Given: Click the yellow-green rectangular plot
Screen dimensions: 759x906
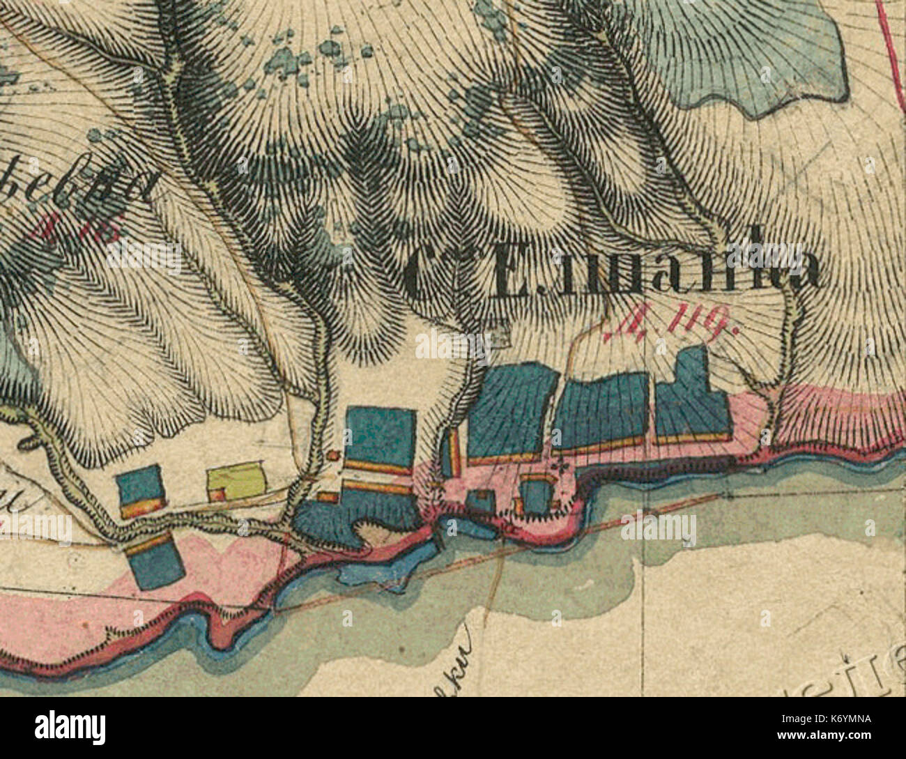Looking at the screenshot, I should (237, 480).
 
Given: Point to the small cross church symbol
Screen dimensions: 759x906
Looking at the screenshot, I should (557, 466).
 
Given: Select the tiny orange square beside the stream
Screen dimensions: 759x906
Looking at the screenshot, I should (332, 456).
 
